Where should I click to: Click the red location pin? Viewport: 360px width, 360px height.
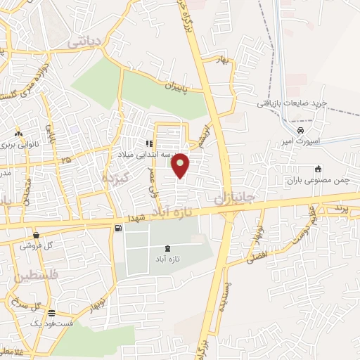click(x=181, y=164)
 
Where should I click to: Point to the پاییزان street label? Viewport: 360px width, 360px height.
click(x=158, y=86)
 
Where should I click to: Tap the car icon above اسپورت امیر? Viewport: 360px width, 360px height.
click(x=301, y=131)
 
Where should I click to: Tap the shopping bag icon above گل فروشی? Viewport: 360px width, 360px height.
click(x=37, y=235)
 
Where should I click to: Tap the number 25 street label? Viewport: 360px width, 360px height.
click(x=67, y=161)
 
